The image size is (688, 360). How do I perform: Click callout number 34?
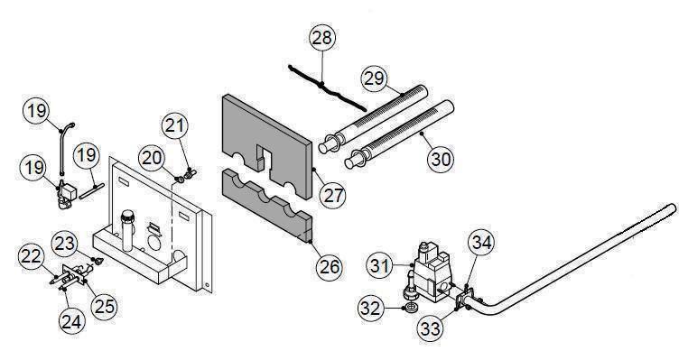[x=482, y=242]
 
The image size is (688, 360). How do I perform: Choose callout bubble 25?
[x=106, y=305]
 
